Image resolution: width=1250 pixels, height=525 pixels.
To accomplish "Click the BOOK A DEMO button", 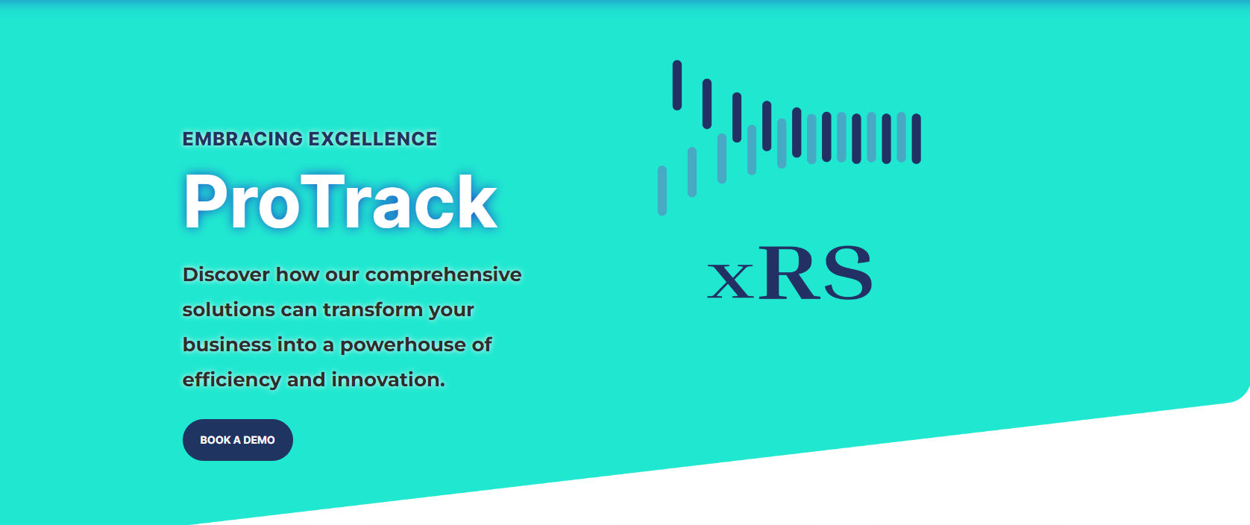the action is point(238,440).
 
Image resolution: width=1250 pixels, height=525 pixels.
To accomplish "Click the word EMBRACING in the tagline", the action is point(242,139).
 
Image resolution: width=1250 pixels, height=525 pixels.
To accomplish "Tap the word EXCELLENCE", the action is point(373,139).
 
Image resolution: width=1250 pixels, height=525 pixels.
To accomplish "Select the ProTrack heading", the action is point(340,201).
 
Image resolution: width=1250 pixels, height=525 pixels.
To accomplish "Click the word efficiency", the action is point(232,380).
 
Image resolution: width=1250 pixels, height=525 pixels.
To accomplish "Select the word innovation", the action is point(388,380).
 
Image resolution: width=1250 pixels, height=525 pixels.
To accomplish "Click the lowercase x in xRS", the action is point(730,281).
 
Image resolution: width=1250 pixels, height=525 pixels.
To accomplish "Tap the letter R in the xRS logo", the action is point(791,274).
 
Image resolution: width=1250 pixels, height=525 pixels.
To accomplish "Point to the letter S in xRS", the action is point(848,273).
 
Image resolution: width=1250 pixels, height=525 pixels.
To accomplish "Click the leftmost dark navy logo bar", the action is point(677,85).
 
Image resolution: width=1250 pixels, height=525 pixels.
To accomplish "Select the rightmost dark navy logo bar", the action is point(917,139).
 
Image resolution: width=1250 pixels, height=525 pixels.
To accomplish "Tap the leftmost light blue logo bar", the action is point(662,190).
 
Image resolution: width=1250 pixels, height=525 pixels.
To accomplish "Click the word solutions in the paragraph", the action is point(229,309).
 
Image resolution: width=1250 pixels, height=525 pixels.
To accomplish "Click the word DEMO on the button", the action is point(259,440).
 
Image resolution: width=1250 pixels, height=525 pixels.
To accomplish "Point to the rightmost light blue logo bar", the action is point(901,137).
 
